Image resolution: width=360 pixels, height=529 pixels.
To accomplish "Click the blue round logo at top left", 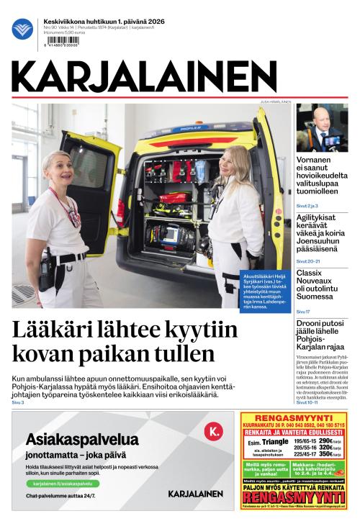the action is [x=22, y=29].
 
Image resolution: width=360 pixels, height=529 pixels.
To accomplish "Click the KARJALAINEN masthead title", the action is [x=144, y=76].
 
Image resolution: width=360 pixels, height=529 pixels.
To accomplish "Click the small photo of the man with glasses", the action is [x=321, y=128].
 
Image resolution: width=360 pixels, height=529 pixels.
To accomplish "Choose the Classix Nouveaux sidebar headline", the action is [x=319, y=284].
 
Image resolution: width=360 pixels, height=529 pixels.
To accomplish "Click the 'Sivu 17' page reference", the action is [x=303, y=311].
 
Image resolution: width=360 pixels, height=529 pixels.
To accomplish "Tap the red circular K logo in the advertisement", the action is [x=214, y=431].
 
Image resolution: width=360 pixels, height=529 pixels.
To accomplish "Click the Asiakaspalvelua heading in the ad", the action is [x=82, y=439].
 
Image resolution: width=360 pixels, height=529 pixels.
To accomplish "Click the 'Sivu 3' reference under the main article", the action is [x=18, y=402].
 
